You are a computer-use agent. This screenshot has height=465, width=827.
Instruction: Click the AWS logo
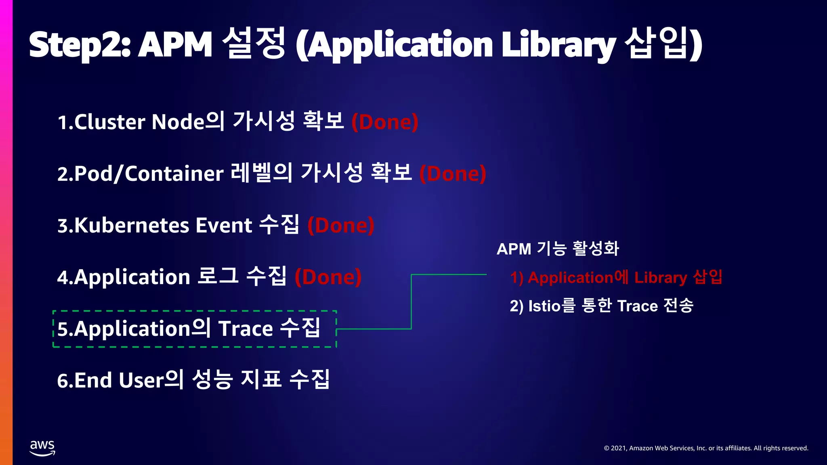click(42, 448)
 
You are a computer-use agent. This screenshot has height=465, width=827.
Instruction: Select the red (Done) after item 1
click(385, 122)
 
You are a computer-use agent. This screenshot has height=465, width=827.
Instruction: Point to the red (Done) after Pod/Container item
click(453, 174)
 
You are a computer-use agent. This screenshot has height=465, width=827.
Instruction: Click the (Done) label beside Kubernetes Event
click(341, 225)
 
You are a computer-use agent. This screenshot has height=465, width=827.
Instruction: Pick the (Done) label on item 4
click(328, 277)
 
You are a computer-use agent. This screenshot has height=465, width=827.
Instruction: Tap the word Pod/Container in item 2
click(148, 174)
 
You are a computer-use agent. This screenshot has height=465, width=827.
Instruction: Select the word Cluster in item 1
click(109, 122)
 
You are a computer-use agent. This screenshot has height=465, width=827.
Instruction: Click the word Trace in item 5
click(246, 329)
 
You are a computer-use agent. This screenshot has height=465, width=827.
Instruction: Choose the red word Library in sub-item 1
click(661, 278)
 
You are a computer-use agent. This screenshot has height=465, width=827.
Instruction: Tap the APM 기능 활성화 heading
click(558, 249)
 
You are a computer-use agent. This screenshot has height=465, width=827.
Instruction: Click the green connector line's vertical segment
click(411, 302)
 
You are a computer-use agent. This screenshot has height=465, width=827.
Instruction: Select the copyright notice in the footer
click(706, 448)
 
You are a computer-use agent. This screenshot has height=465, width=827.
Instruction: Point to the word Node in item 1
click(178, 122)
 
